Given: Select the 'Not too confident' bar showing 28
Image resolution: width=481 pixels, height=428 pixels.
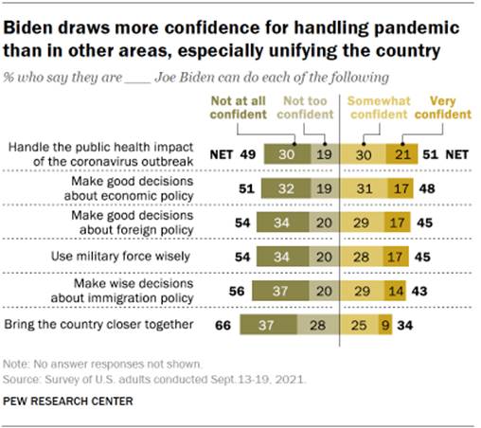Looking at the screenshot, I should point(312,327).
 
